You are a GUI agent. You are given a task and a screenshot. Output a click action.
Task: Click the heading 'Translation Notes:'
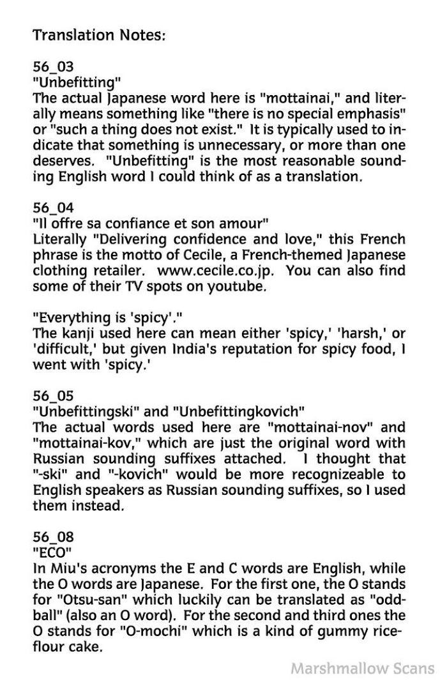99,34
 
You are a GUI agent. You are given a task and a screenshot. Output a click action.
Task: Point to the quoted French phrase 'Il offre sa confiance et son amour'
150,223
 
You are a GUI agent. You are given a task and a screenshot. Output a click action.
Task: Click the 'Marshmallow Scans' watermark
362,668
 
